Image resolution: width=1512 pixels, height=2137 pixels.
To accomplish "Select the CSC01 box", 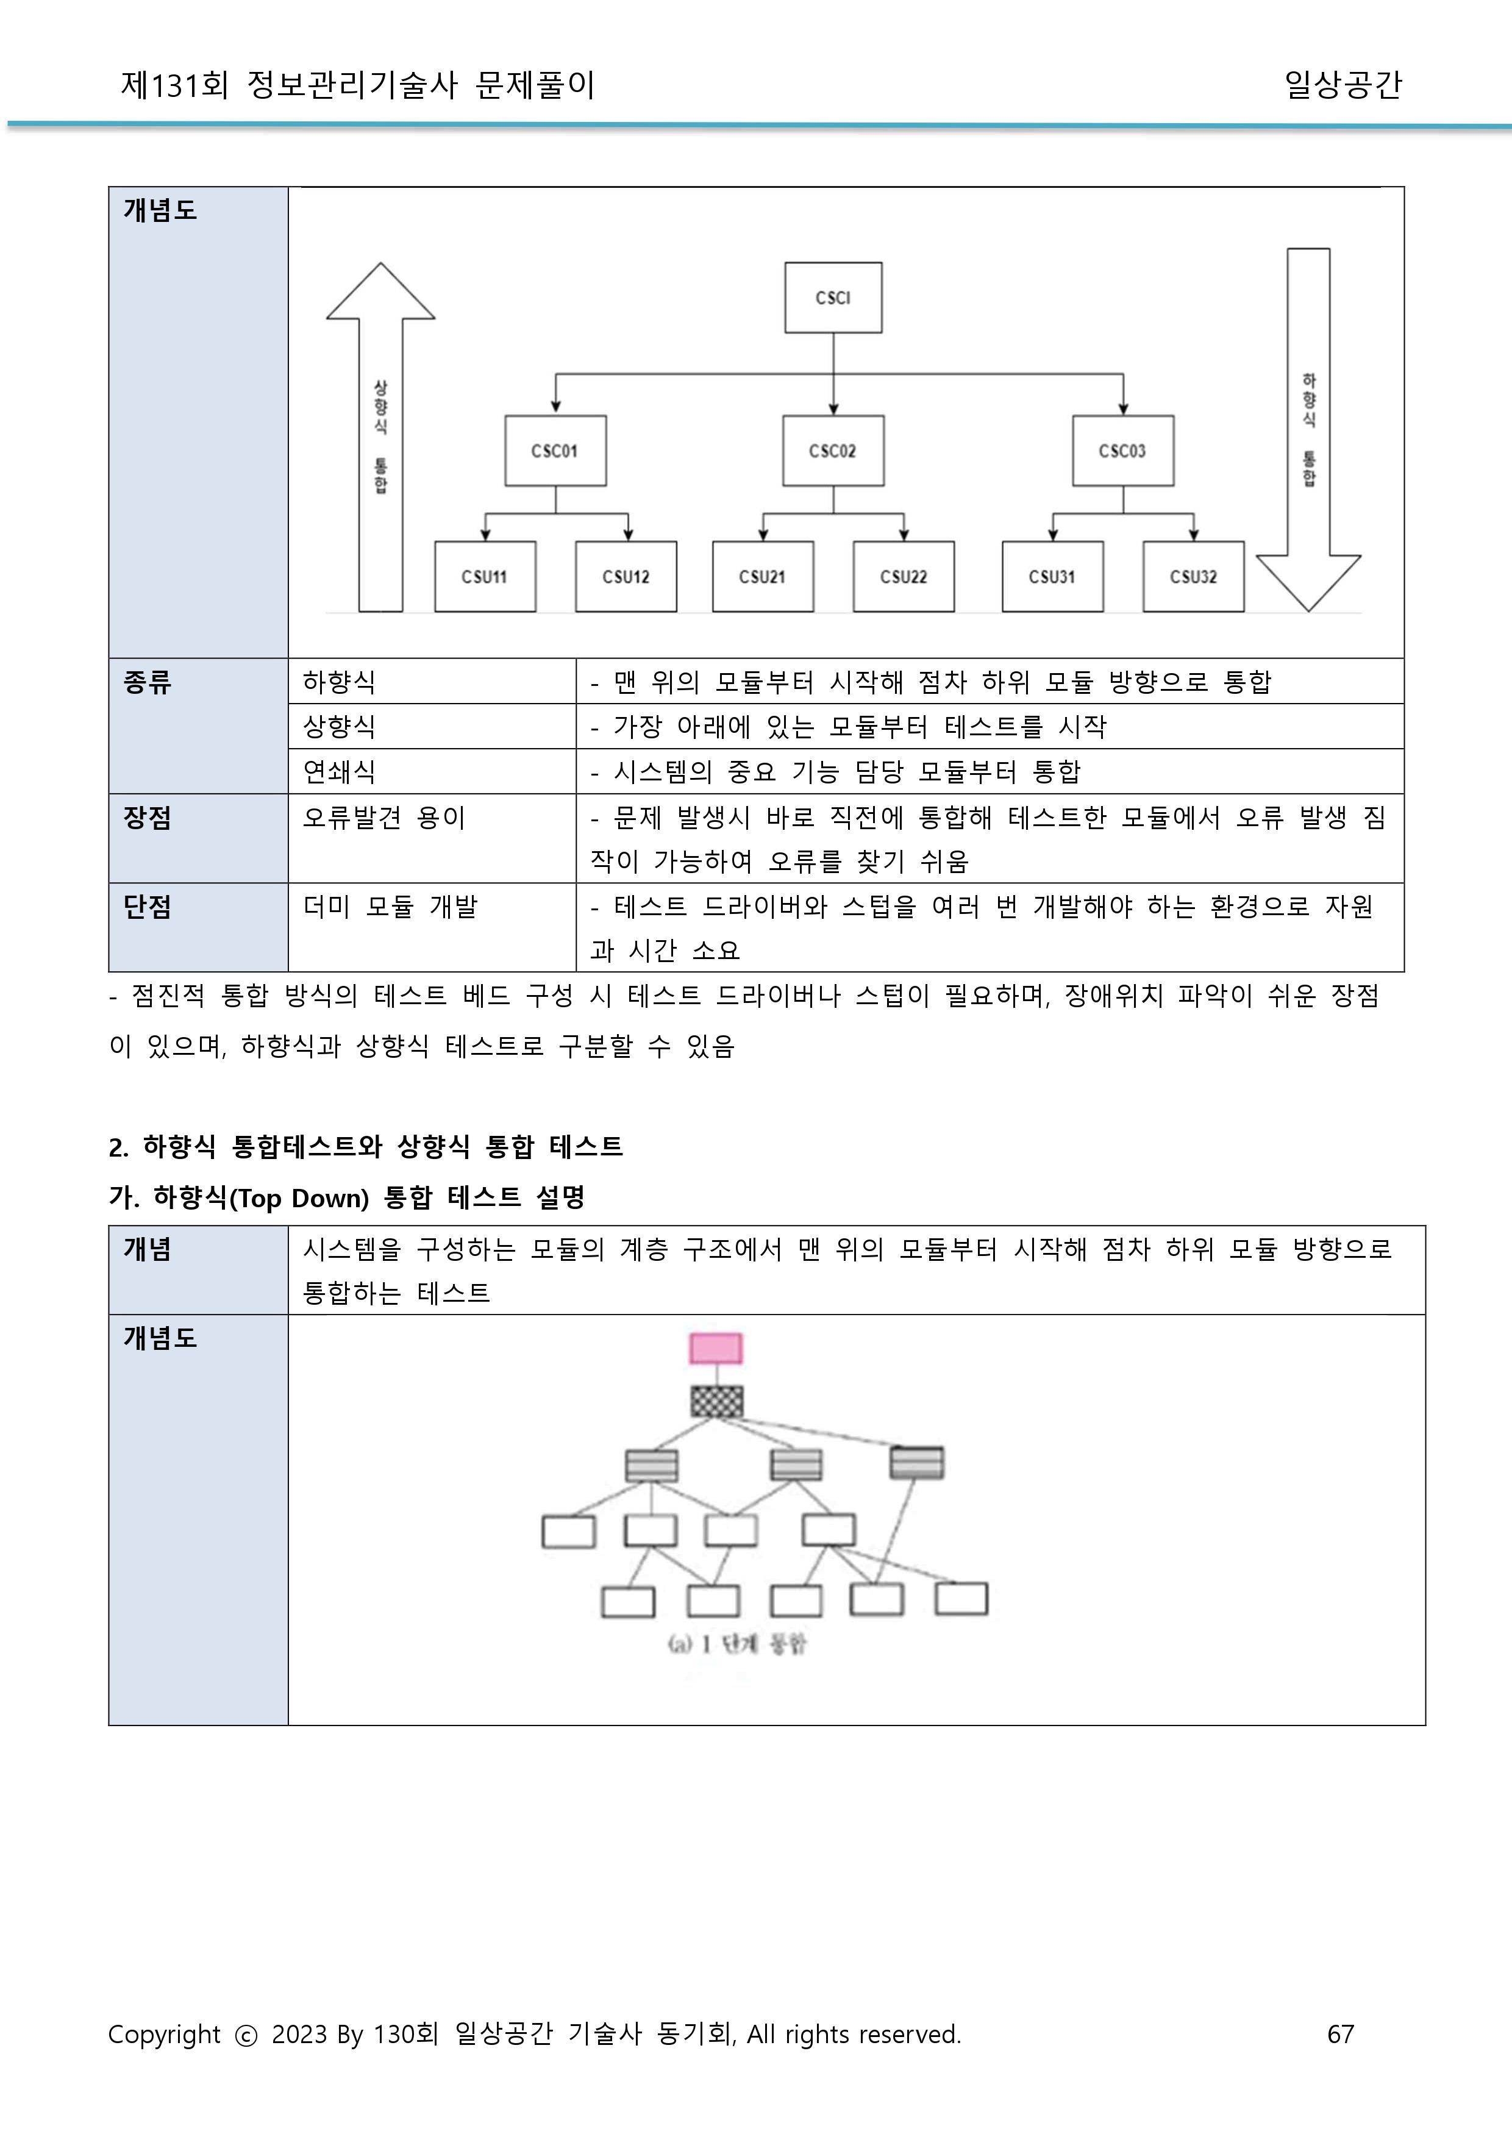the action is [x=555, y=451].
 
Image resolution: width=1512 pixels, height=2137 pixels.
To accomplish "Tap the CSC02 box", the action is [x=832, y=451].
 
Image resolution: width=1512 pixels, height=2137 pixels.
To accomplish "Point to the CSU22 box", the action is [x=903, y=576].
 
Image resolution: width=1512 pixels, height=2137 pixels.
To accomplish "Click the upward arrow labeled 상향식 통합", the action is [x=381, y=438].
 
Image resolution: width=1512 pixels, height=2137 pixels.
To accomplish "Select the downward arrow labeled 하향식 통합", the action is [x=1308, y=429].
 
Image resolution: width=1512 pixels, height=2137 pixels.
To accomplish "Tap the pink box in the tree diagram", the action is [x=716, y=1347].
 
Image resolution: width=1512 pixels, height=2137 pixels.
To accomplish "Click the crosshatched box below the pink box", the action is [x=717, y=1401].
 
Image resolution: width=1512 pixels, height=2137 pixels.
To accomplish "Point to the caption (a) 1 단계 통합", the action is [x=736, y=1644].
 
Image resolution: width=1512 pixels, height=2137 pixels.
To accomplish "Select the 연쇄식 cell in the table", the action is [x=340, y=771].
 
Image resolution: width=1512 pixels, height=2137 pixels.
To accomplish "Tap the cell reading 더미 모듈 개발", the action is [x=390, y=906].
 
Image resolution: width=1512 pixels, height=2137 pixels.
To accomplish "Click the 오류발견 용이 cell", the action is [x=383, y=818].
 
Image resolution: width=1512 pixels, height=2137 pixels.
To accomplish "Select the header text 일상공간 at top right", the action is [x=1342, y=85].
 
